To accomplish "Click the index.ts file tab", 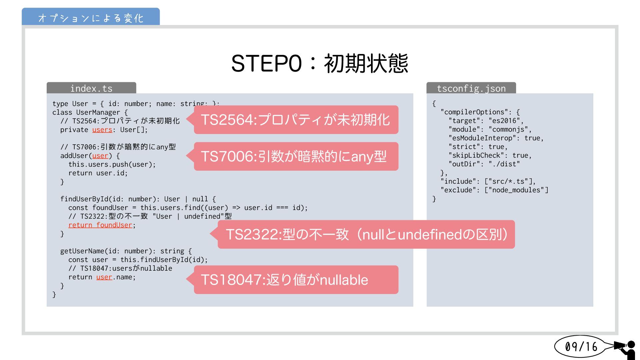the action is point(91,88).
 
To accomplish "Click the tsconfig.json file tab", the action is point(471,88).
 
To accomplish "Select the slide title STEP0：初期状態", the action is point(319,63).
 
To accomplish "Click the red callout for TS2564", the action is point(296,120).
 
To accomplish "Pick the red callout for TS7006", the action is point(296,156).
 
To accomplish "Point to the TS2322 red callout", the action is point(366,234).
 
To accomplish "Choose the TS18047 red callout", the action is point(296,280).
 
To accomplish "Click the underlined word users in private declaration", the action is point(102,130).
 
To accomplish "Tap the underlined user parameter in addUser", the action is point(100,156).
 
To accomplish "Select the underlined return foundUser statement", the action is point(100,225).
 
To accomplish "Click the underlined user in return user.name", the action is point(104,277).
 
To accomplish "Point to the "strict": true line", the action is point(478,147).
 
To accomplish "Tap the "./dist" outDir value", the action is point(504,164).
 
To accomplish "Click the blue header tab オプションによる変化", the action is point(91,17).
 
